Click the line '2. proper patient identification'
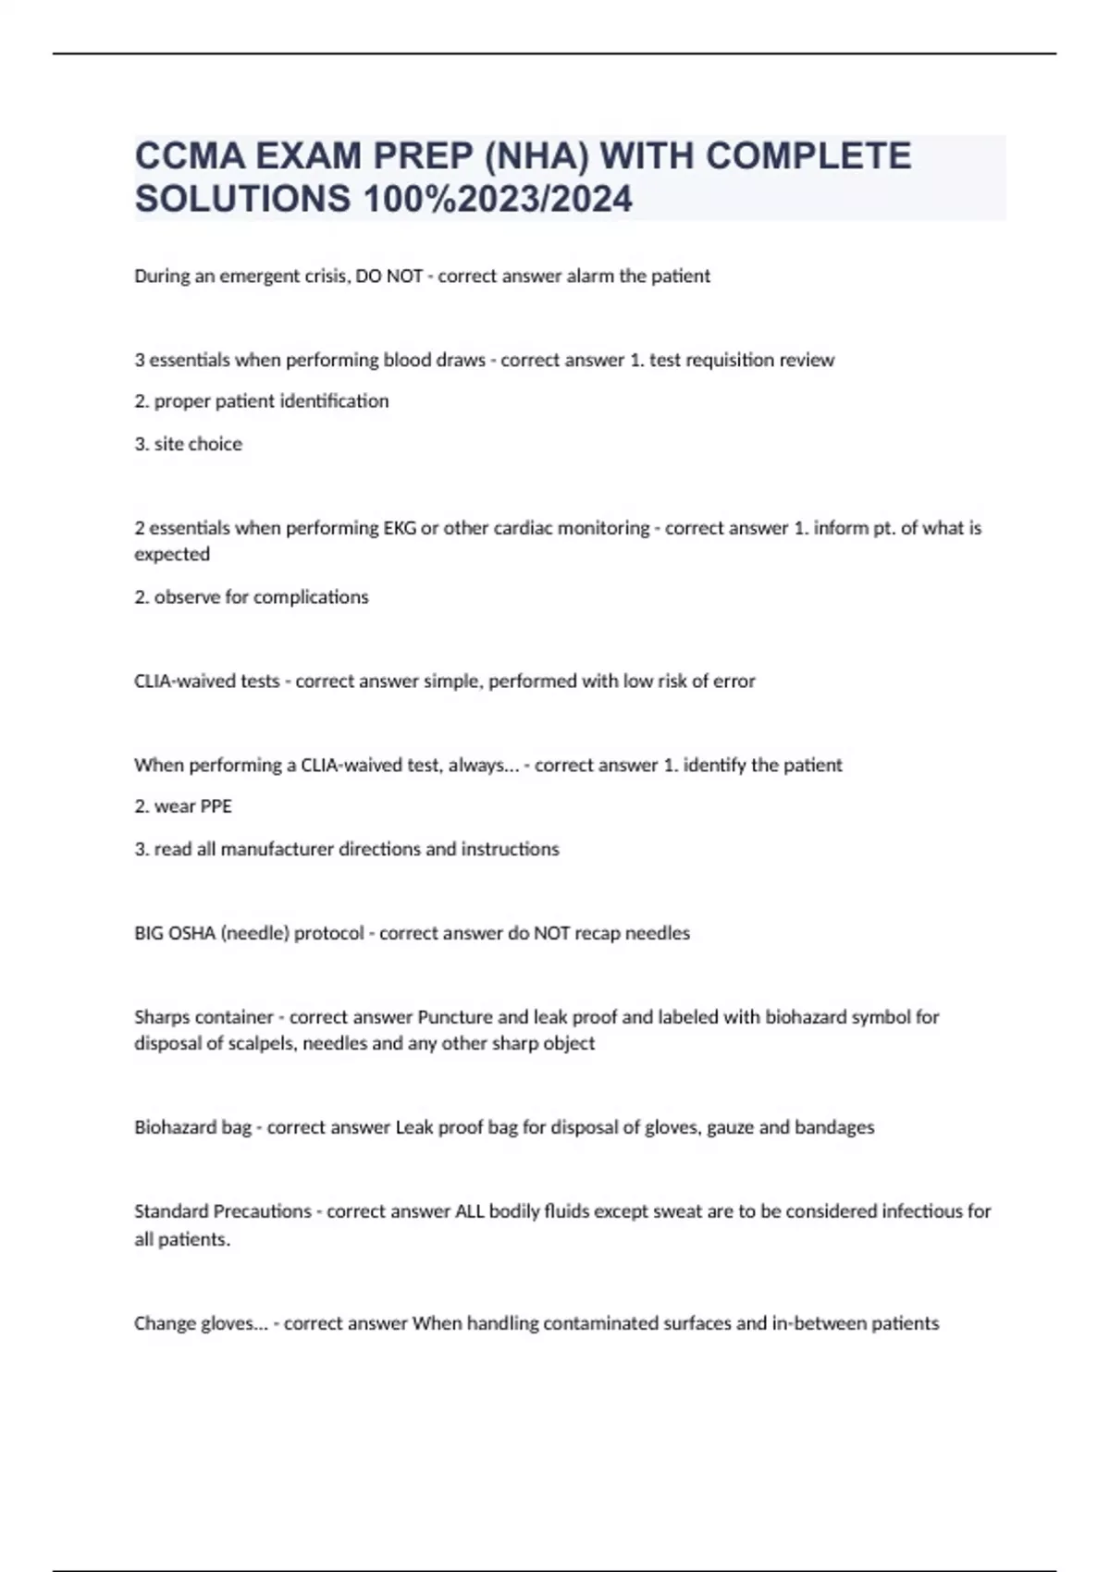tap(262, 401)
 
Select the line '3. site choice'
tap(189, 444)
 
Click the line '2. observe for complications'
tap(252, 597)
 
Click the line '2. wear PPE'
tap(183, 806)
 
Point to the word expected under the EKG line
tap(172, 555)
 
